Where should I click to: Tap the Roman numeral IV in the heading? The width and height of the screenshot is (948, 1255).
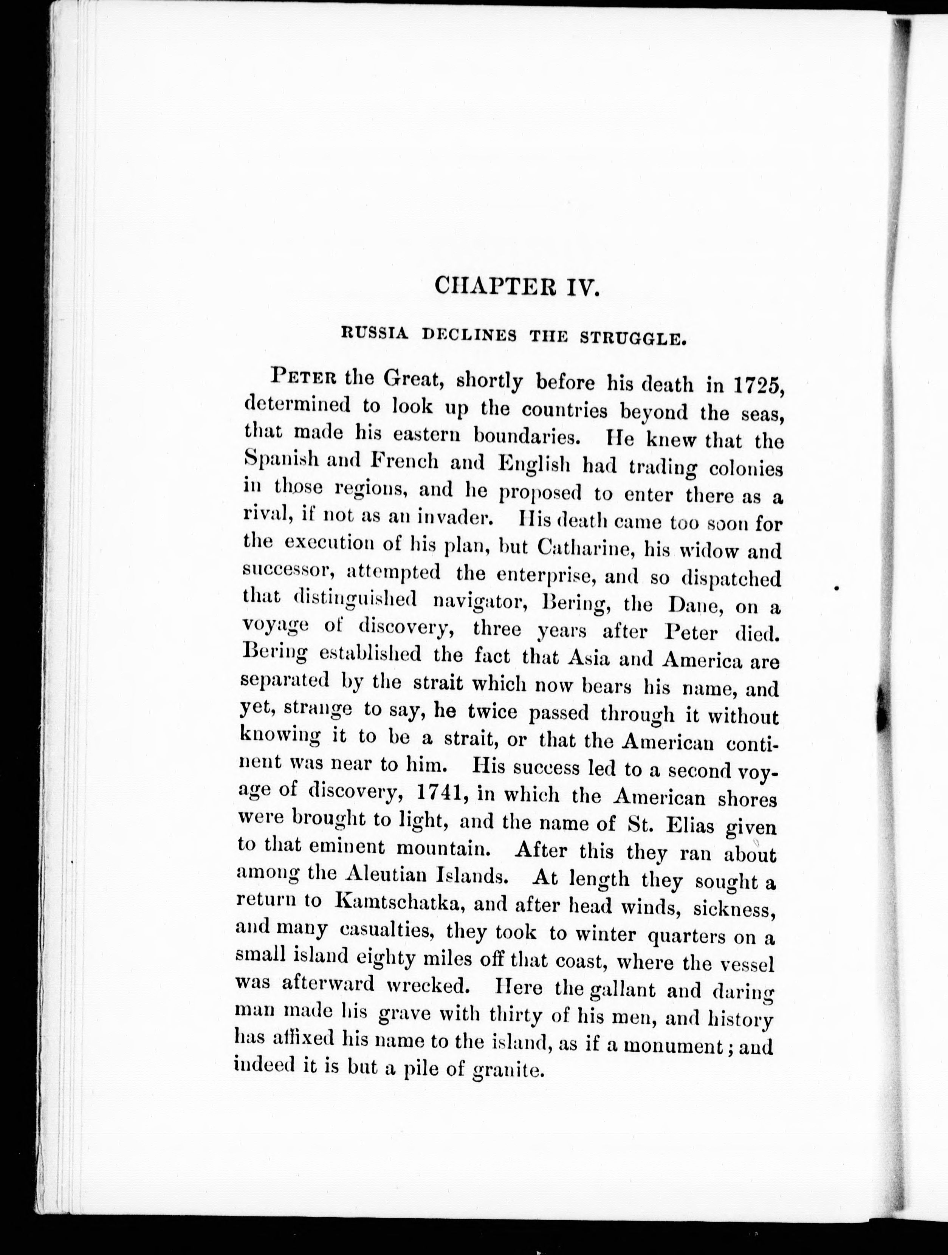click(x=580, y=285)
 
